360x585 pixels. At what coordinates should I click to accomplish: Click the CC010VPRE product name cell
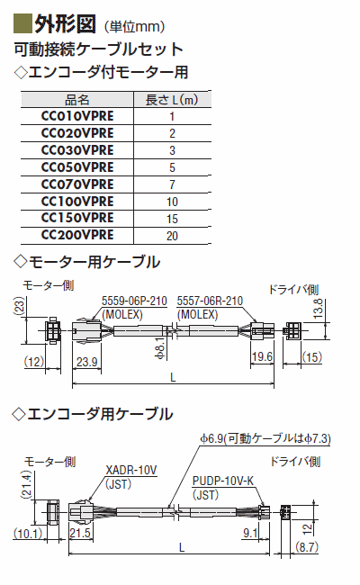[77, 116]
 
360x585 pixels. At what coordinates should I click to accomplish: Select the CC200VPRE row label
[77, 235]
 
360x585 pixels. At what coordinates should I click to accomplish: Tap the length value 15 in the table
[172, 219]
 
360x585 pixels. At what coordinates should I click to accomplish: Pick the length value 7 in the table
[172, 184]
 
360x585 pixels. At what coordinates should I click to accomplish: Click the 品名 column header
[77, 100]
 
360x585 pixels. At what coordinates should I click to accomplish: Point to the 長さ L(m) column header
[172, 100]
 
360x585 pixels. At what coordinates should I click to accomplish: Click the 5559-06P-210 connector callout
[135, 301]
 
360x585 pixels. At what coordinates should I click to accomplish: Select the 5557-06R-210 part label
[210, 301]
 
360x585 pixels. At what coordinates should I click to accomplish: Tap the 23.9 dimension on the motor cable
[87, 362]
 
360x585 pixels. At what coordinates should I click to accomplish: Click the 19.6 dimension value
[262, 357]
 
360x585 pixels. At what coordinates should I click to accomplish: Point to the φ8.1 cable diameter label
[159, 348]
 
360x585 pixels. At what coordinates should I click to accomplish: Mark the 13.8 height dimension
[318, 308]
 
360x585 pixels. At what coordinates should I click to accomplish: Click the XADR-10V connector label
[131, 470]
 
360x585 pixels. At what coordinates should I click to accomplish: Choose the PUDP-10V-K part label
[223, 481]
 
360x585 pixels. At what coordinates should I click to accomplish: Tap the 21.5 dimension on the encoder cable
[80, 533]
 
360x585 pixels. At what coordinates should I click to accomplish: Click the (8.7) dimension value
[307, 547]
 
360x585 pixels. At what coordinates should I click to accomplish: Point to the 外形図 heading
[66, 24]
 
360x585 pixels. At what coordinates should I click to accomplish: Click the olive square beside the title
[22, 23]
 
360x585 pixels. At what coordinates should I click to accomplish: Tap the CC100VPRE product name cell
[77, 202]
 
